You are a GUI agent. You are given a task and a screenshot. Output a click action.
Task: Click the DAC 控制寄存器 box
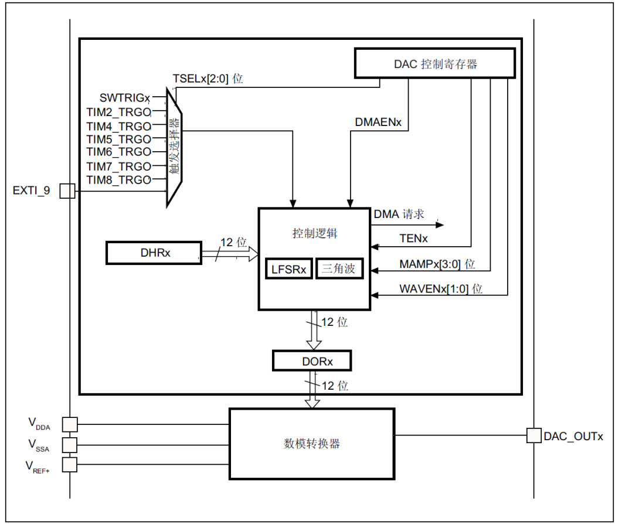point(435,63)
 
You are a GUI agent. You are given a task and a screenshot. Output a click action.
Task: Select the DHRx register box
point(154,253)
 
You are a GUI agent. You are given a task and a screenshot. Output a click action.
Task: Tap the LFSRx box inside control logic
point(289,269)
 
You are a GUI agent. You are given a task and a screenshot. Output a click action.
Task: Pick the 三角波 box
point(339,268)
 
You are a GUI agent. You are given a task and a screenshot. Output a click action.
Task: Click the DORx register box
point(312,360)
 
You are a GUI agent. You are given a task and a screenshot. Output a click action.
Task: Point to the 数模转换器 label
point(312,444)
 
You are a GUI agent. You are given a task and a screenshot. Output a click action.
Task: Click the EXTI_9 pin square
point(67,191)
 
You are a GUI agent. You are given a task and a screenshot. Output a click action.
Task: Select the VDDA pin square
point(70,424)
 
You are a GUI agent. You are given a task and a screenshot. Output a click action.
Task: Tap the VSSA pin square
point(70,445)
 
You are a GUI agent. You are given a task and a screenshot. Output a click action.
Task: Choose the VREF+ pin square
point(70,464)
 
